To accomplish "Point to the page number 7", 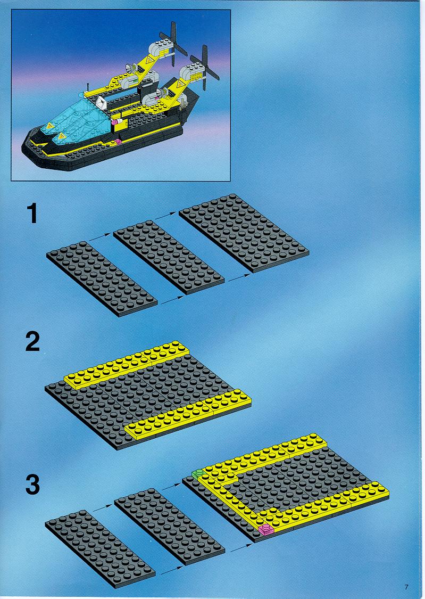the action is point(406,587).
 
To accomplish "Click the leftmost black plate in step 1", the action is point(102,279).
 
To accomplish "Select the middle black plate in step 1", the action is point(169,257).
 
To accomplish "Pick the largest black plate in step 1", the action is point(244,233).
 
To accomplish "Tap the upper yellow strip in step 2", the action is point(127,365).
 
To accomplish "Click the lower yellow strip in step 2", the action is point(188,413).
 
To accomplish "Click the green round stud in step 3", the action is point(198,474).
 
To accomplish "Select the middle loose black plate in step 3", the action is point(169,526).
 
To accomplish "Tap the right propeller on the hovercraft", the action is point(205,67).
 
